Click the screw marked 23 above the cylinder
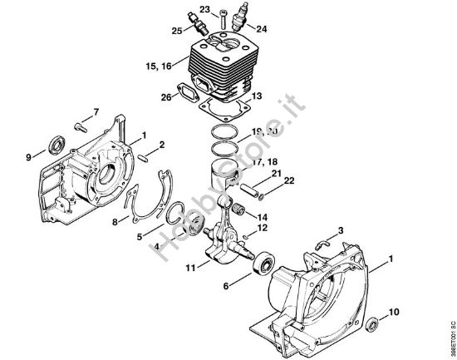(x=224, y=13)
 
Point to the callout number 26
(x=169, y=98)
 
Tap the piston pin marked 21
(x=252, y=185)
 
